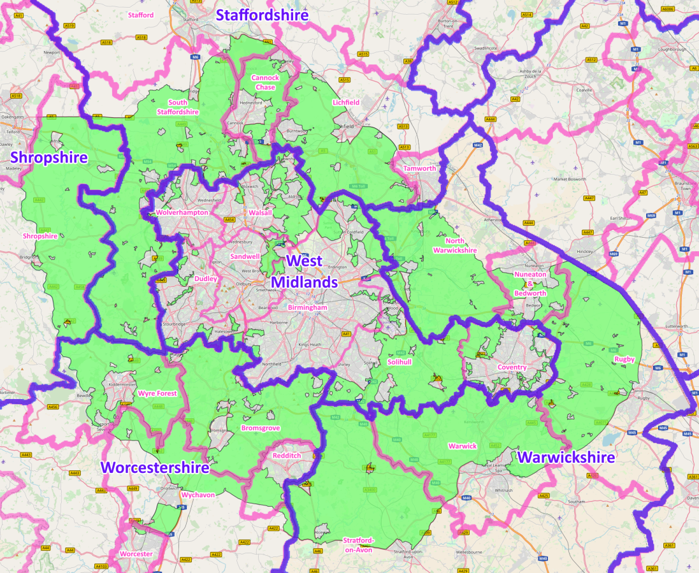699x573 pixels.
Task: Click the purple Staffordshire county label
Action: pyautogui.click(x=262, y=15)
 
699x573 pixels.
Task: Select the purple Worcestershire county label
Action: pyautogui.click(x=155, y=468)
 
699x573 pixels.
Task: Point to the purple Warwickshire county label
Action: pyautogui.click(x=566, y=457)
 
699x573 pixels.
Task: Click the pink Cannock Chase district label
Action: pyautogui.click(x=265, y=82)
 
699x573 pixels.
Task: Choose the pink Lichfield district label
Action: pyautogui.click(x=346, y=102)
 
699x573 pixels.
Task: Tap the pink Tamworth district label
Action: pyautogui.click(x=420, y=168)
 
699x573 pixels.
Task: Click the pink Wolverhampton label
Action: pyautogui.click(x=182, y=212)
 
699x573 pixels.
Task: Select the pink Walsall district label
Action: pyautogui.click(x=261, y=212)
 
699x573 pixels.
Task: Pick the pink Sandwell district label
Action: pyautogui.click(x=245, y=256)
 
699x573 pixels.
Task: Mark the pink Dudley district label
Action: pyautogui.click(x=206, y=279)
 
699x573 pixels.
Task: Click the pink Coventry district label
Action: pyautogui.click(x=512, y=367)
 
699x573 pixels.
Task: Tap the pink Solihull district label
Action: pyautogui.click(x=400, y=361)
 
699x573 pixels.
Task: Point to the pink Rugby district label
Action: pyautogui.click(x=624, y=359)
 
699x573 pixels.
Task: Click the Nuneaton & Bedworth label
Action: pyautogui.click(x=530, y=284)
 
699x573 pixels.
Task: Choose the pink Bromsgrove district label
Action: pyautogui.click(x=260, y=428)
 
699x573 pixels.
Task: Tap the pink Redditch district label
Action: pyautogui.click(x=287, y=456)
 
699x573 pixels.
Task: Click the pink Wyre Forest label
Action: pyautogui.click(x=157, y=393)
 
